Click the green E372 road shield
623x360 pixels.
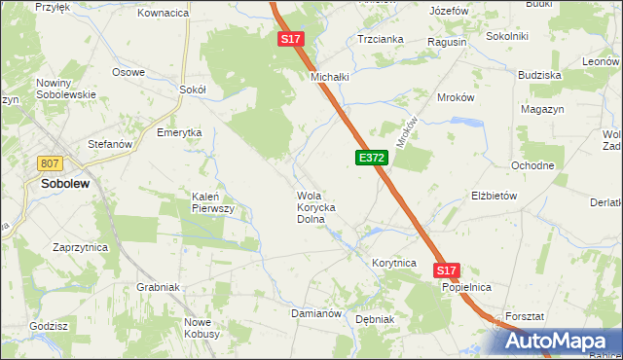click(372, 157)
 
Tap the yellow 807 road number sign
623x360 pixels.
click(51, 163)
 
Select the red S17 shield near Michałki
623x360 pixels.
click(291, 40)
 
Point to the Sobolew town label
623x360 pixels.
click(67, 182)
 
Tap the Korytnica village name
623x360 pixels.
click(394, 263)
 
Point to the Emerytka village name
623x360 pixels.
click(179, 132)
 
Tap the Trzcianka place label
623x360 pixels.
click(381, 40)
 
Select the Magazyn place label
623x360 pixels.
click(543, 110)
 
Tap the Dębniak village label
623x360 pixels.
click(374, 318)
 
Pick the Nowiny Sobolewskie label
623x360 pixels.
click(65, 89)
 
